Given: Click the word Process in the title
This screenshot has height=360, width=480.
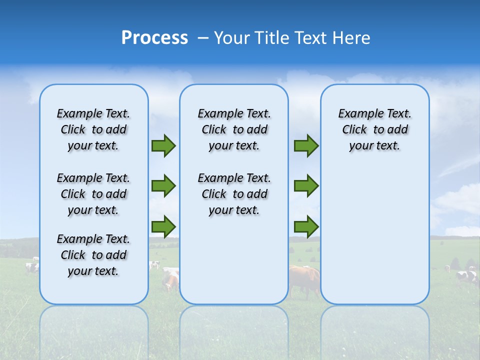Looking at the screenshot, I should [154, 38].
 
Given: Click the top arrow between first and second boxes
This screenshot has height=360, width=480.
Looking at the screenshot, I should [163, 145].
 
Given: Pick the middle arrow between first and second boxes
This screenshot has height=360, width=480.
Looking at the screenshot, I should [163, 186].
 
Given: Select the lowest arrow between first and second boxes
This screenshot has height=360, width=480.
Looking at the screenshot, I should [163, 226].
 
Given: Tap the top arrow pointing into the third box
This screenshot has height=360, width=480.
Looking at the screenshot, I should [306, 145].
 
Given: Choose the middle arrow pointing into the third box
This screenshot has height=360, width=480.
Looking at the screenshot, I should [306, 186].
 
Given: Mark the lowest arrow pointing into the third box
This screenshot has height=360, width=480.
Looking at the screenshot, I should [306, 226].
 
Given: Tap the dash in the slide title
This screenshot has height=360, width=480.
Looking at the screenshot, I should [203, 38].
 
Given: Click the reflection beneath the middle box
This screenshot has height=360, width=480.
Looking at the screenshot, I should [234, 330].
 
